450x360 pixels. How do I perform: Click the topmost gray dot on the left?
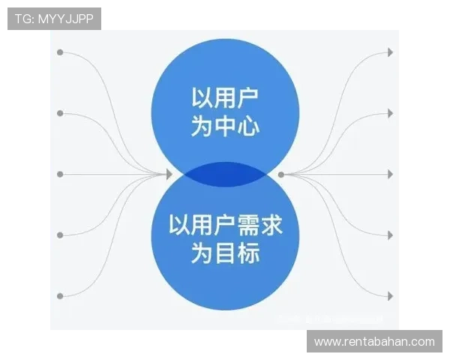(x=60, y=52)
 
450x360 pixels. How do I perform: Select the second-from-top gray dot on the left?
(x=60, y=113)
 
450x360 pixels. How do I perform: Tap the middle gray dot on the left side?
(x=60, y=174)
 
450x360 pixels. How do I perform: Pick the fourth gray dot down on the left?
(x=60, y=235)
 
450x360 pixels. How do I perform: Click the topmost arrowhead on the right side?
(x=389, y=52)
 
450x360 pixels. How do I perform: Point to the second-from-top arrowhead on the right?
(x=389, y=113)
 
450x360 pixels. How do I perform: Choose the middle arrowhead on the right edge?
(x=389, y=174)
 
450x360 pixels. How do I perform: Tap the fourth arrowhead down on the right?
(x=389, y=235)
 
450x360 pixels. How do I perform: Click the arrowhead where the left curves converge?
(x=169, y=174)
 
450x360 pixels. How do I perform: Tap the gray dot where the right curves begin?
(x=281, y=174)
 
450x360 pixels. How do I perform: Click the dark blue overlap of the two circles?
(x=225, y=174)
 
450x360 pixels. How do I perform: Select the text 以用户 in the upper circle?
(x=225, y=99)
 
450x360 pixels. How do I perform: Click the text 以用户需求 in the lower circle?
(x=225, y=225)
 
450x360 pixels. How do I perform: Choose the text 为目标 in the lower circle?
(x=225, y=253)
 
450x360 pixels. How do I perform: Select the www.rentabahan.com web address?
(x=374, y=342)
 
